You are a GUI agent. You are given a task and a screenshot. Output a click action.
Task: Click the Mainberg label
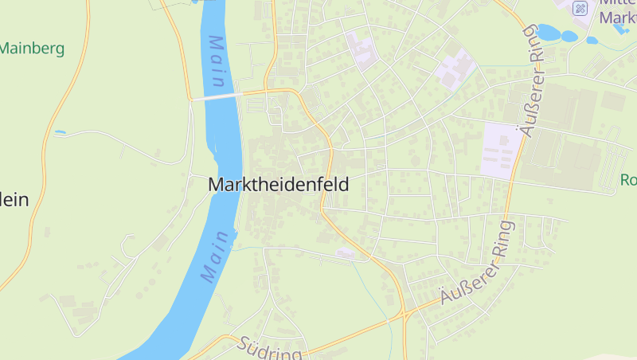(32, 48)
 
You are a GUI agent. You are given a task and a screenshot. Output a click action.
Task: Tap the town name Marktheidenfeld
(278, 184)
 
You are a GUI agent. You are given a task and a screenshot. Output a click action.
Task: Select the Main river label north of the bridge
(217, 62)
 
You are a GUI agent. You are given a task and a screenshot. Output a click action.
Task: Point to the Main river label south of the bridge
(217, 256)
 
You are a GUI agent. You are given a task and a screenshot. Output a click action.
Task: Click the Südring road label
(270, 349)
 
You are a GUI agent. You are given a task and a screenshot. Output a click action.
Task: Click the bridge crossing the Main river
(216, 96)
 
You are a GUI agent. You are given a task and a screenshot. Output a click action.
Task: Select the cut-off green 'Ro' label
(628, 180)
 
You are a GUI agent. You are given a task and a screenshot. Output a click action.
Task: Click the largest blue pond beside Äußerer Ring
(549, 33)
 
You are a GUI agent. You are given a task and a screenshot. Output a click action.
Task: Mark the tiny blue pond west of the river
(60, 131)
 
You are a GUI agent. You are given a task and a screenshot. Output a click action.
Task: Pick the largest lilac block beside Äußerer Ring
(502, 150)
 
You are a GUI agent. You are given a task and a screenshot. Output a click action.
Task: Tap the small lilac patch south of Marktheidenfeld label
(345, 253)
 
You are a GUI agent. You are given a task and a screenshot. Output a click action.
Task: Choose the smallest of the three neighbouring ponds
(591, 41)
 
